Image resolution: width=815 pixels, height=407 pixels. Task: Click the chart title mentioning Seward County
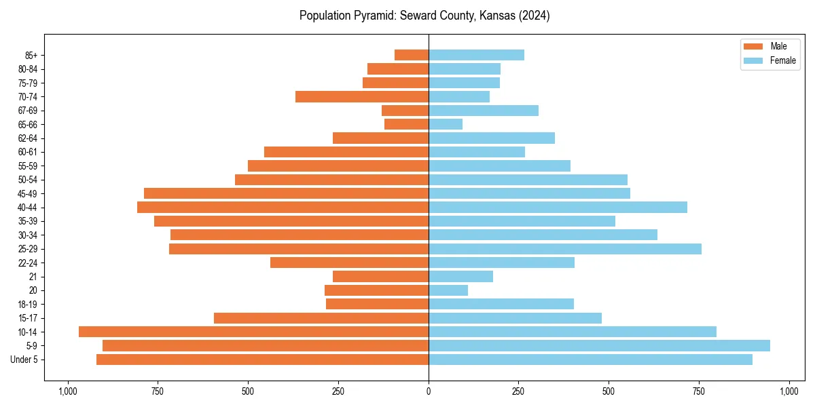424,16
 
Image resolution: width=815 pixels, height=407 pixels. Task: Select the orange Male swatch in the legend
754,46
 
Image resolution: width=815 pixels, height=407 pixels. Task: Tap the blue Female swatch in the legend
754,60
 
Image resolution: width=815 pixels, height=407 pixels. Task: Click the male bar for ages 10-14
253,332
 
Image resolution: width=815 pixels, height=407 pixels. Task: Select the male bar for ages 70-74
362,96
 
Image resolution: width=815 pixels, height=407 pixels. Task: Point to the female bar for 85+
476,55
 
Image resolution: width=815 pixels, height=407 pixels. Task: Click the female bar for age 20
448,290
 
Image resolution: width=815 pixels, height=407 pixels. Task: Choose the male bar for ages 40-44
283,207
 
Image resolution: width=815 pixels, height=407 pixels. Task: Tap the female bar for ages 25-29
564,249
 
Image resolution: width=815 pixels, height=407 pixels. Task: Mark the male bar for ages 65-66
406,124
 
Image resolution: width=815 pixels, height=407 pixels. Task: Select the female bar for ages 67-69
484,111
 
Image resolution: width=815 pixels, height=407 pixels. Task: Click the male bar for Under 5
262,360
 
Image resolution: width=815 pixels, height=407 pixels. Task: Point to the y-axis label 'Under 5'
24,360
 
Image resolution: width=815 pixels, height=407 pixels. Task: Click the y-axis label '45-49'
27,193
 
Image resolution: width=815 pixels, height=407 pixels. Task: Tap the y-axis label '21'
33,277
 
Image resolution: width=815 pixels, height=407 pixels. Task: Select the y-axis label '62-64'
27,138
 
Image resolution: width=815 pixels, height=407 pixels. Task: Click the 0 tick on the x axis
429,391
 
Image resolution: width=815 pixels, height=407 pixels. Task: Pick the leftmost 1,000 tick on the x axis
67,391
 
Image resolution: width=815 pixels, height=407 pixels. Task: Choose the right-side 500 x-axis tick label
609,391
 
